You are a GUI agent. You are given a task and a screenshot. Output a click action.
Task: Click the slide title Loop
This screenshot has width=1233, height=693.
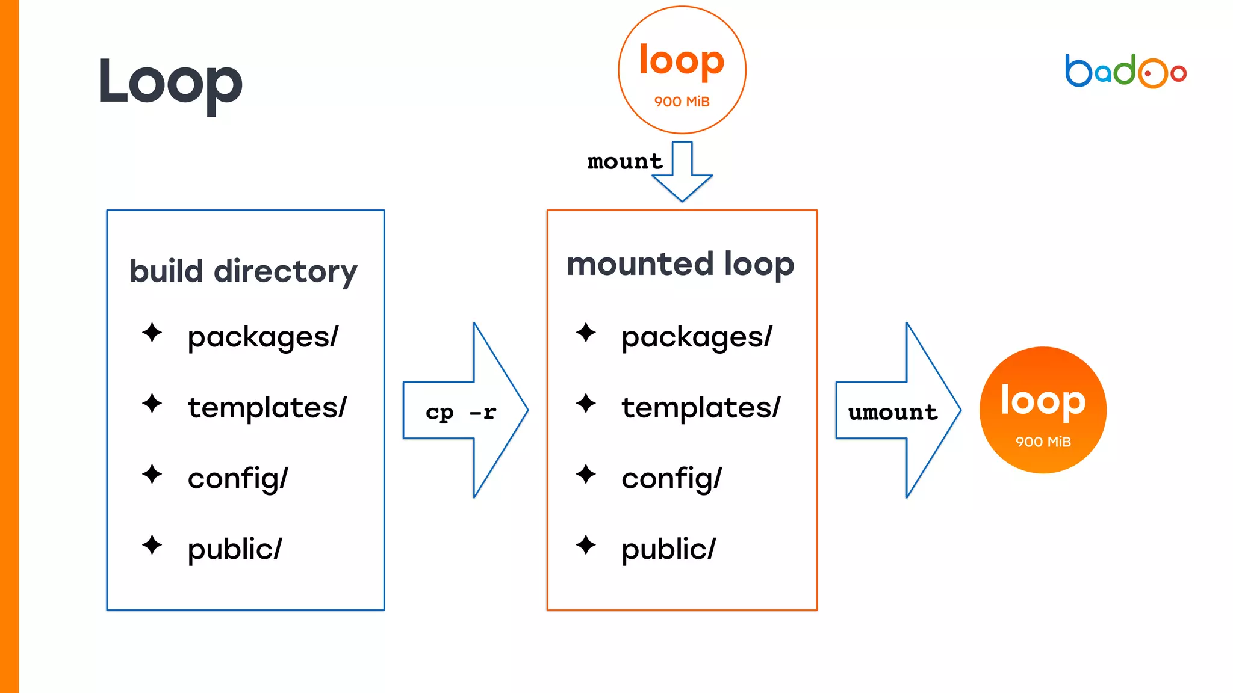tap(170, 82)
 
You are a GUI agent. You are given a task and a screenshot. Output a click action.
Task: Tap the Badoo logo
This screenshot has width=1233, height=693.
tap(1125, 72)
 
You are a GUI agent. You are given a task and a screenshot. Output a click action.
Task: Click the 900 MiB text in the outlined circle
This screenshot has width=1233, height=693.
tap(682, 102)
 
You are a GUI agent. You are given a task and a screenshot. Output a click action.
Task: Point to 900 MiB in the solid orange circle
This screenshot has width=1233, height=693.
tap(1043, 442)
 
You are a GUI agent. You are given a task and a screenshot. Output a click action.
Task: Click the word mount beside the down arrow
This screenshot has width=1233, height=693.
tap(624, 161)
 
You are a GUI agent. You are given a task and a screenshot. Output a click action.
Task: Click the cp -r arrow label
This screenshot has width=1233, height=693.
tap(461, 412)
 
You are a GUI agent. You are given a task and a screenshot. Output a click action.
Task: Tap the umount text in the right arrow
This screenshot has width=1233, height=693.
tap(892, 412)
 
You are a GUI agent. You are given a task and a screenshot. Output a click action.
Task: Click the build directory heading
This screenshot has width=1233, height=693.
tap(243, 271)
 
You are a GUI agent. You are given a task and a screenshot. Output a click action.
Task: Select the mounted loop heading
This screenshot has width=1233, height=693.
tap(680, 264)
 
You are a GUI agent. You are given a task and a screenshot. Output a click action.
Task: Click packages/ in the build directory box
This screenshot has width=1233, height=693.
tap(263, 337)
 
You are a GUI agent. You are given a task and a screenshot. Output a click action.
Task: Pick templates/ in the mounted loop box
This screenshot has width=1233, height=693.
tap(701, 407)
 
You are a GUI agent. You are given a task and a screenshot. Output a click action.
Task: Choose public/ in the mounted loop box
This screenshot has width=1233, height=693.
tap(668, 549)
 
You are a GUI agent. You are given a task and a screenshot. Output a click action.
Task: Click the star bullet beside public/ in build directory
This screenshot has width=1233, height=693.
tap(152, 545)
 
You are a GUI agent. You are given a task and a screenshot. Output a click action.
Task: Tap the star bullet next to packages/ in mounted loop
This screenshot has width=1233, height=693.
tap(585, 333)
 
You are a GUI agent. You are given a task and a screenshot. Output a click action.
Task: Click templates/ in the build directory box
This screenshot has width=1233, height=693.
tap(267, 407)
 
